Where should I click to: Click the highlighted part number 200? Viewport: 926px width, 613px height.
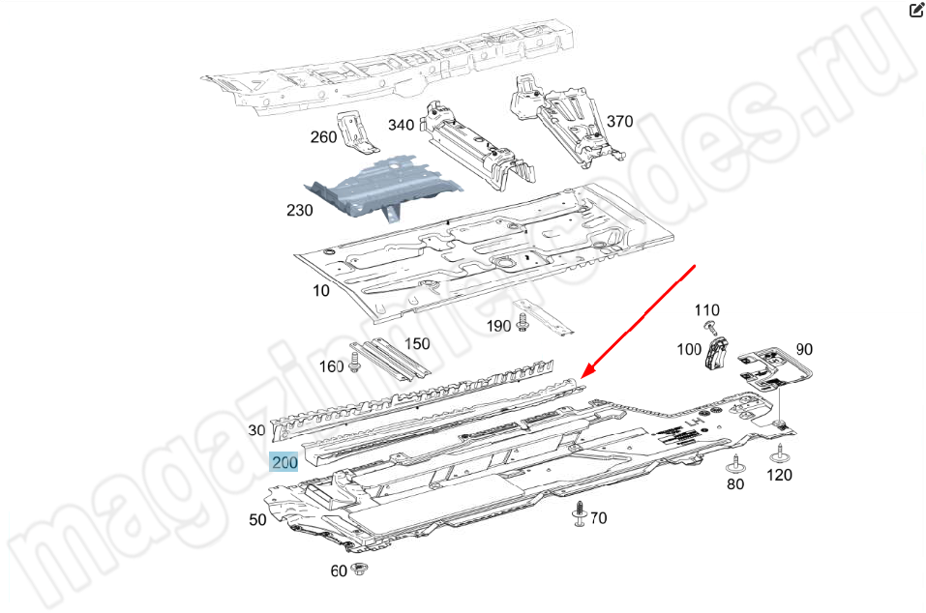[284, 462]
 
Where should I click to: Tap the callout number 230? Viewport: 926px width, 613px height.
[299, 210]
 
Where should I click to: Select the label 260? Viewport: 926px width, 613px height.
[323, 137]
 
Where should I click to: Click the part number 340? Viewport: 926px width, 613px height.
[401, 125]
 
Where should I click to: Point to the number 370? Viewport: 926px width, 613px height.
[620, 121]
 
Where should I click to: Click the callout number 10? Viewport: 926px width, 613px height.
[320, 290]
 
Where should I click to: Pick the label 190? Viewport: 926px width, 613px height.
[498, 326]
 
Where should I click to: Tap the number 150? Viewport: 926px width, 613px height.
[417, 343]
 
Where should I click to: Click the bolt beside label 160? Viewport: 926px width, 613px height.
[354, 362]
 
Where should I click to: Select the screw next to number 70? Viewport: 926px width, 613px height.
[580, 513]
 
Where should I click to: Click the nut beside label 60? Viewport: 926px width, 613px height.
[357, 569]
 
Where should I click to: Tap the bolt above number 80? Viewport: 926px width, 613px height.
[735, 464]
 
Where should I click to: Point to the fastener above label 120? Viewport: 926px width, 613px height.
[780, 453]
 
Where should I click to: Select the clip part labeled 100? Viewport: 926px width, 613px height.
[716, 353]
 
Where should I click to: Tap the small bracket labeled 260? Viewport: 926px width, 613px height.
[356, 132]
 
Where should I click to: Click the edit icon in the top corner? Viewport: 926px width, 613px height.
[916, 10]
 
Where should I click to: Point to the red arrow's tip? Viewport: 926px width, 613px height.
[582, 378]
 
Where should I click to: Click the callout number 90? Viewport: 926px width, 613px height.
[804, 349]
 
